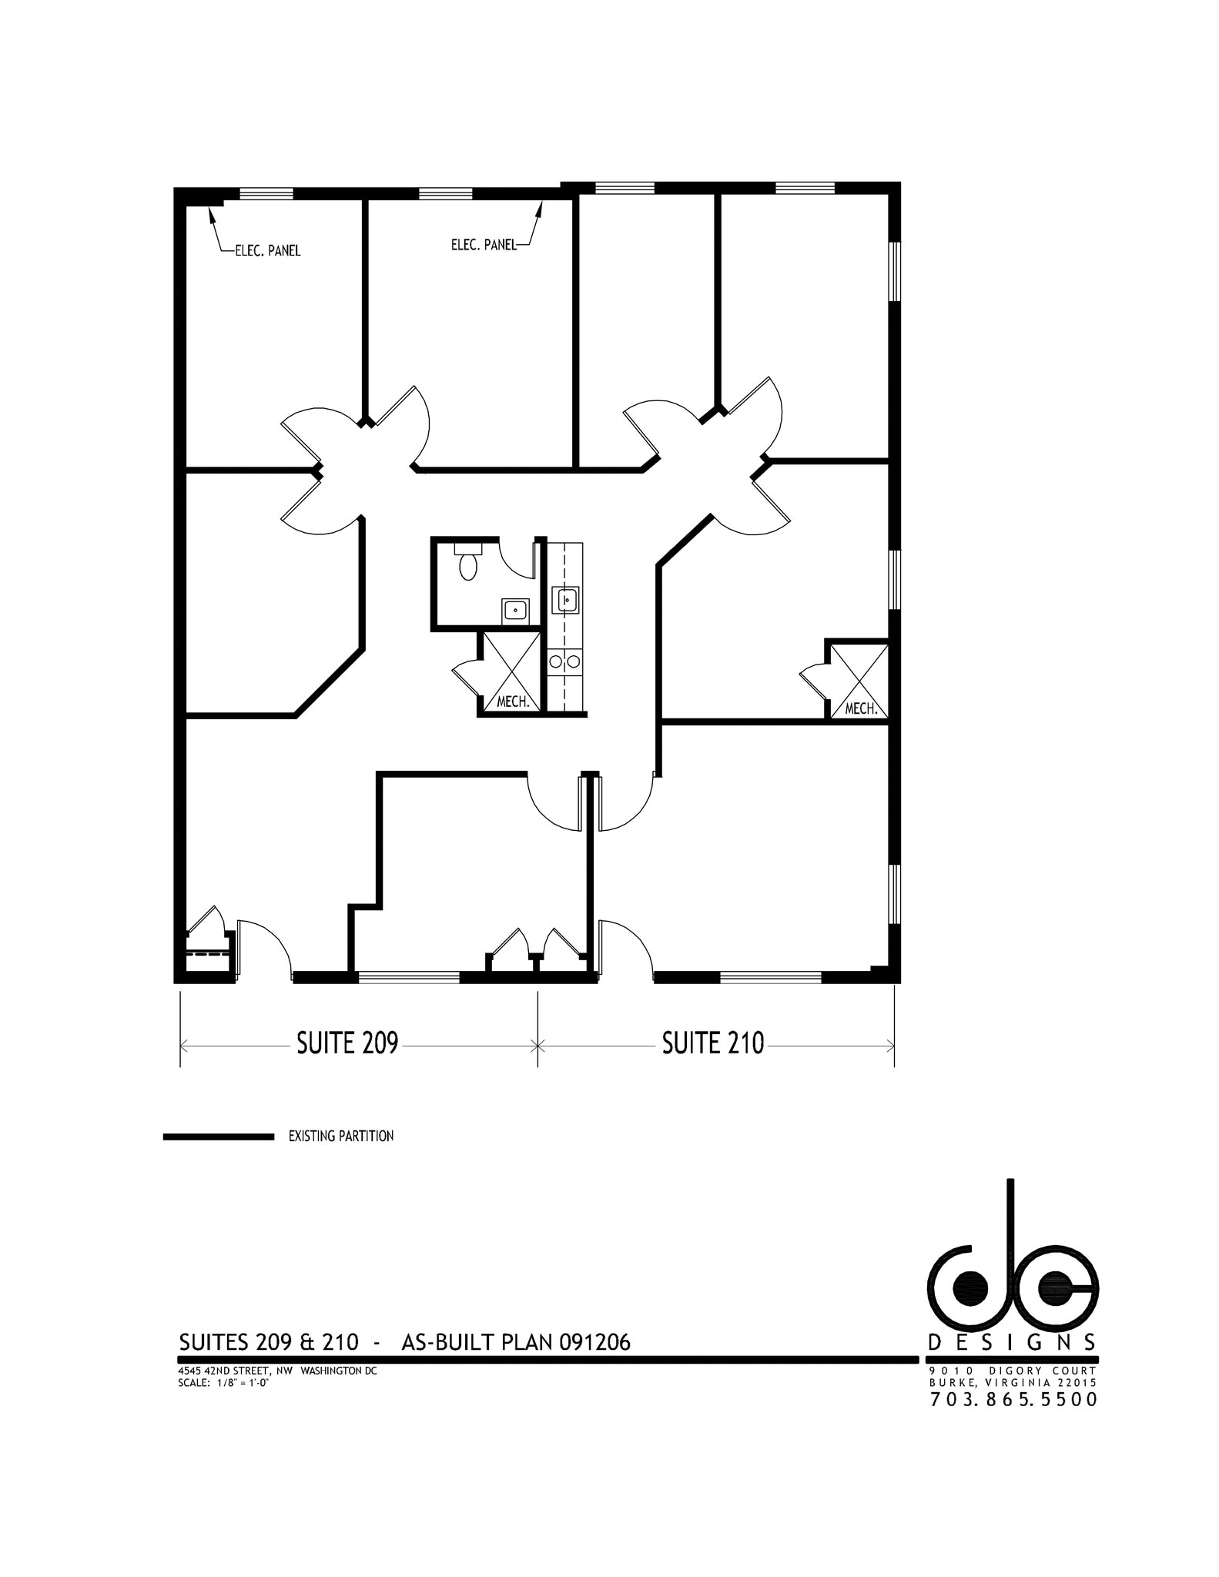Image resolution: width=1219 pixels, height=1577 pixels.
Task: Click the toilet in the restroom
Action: [467, 564]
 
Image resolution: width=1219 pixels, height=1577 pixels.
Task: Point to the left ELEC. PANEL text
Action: [267, 251]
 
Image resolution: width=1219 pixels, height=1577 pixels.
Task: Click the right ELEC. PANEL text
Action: [484, 245]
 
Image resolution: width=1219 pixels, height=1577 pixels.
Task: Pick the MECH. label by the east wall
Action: [861, 708]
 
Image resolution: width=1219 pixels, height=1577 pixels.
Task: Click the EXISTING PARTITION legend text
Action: [340, 1136]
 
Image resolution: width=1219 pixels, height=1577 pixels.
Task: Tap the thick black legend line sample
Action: [219, 1137]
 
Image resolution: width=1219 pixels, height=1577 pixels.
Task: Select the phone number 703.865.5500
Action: [1013, 1399]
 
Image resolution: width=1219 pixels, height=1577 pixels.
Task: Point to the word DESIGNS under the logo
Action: [1013, 1343]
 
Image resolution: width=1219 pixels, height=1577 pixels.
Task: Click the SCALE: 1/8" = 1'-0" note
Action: [223, 1382]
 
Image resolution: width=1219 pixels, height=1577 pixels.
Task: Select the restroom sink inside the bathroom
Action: [514, 611]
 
